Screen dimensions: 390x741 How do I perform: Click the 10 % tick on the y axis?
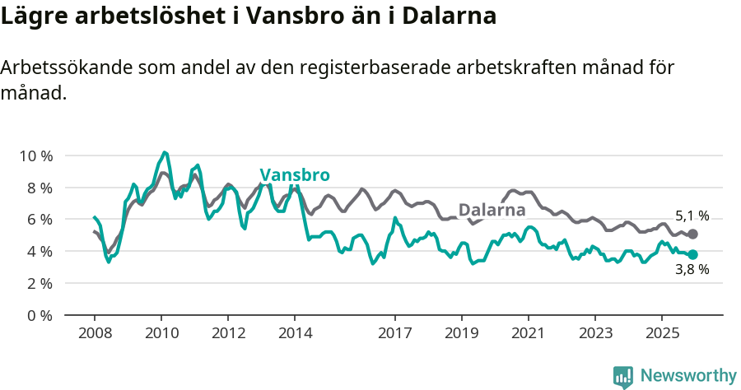35,156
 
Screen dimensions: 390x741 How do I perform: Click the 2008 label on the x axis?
95,334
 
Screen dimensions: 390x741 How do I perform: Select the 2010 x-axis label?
161,334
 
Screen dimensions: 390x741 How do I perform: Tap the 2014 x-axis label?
295,334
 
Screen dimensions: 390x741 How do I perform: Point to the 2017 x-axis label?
394,334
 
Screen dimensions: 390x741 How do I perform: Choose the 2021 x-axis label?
528,334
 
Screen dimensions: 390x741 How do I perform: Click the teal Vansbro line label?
295,175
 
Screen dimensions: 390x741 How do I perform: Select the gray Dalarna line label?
492,210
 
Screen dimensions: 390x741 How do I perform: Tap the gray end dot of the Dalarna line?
692,234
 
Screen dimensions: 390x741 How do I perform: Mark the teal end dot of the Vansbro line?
692,255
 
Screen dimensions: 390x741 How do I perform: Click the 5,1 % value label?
692,216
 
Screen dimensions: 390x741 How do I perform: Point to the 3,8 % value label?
692,270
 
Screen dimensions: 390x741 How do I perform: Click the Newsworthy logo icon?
623,377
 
